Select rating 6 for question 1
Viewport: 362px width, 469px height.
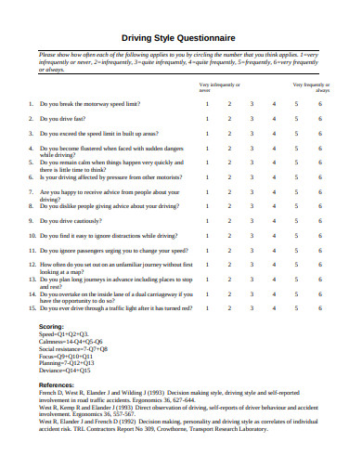[x=320, y=104]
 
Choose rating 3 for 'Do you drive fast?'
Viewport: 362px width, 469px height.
[x=252, y=119]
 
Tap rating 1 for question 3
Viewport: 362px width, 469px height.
[x=207, y=134]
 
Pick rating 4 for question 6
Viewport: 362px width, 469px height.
[x=274, y=176]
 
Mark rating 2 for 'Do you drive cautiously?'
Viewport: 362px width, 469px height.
[x=229, y=221]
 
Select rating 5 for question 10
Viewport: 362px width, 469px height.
[x=297, y=236]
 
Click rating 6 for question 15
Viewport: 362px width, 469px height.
[x=320, y=307]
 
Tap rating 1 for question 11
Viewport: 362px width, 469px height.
[x=207, y=251]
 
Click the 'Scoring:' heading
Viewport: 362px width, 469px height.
[x=51, y=328]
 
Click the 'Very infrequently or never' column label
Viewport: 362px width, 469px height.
[x=219, y=87]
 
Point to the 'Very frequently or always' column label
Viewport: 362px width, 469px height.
[x=311, y=87]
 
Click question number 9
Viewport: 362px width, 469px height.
[x=31, y=221]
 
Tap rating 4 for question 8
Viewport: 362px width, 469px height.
[x=274, y=206]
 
